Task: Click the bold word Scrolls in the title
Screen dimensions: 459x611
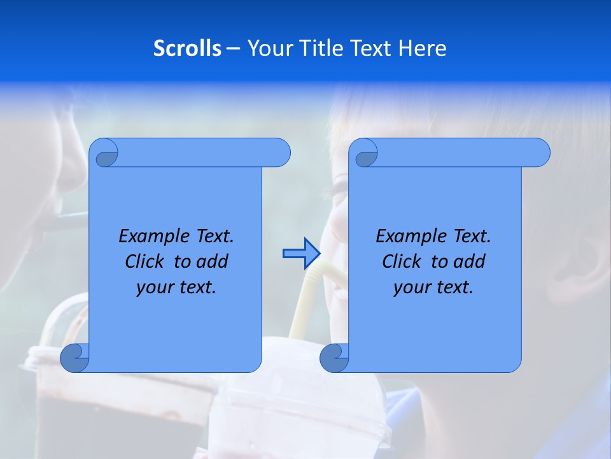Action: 187,48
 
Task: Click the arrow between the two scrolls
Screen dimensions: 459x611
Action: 301,253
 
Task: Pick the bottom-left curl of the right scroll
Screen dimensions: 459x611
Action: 334,358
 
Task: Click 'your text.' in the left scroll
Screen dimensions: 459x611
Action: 176,288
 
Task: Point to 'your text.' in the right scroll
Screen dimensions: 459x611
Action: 433,288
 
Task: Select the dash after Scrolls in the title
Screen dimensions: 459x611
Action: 233,48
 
